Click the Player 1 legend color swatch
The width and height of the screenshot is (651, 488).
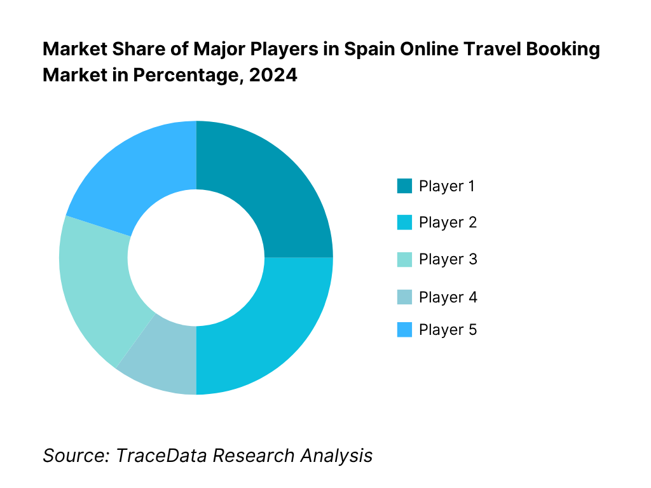tap(404, 186)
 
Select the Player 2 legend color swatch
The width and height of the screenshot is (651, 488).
tap(404, 222)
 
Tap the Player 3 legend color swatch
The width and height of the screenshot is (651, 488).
tap(404, 259)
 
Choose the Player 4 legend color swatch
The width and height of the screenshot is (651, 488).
tap(404, 297)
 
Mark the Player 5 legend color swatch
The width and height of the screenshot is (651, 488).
tap(404, 330)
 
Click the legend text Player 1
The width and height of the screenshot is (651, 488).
tap(447, 186)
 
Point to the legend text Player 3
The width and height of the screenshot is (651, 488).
tap(448, 259)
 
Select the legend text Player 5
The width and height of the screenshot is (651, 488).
tap(448, 330)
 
